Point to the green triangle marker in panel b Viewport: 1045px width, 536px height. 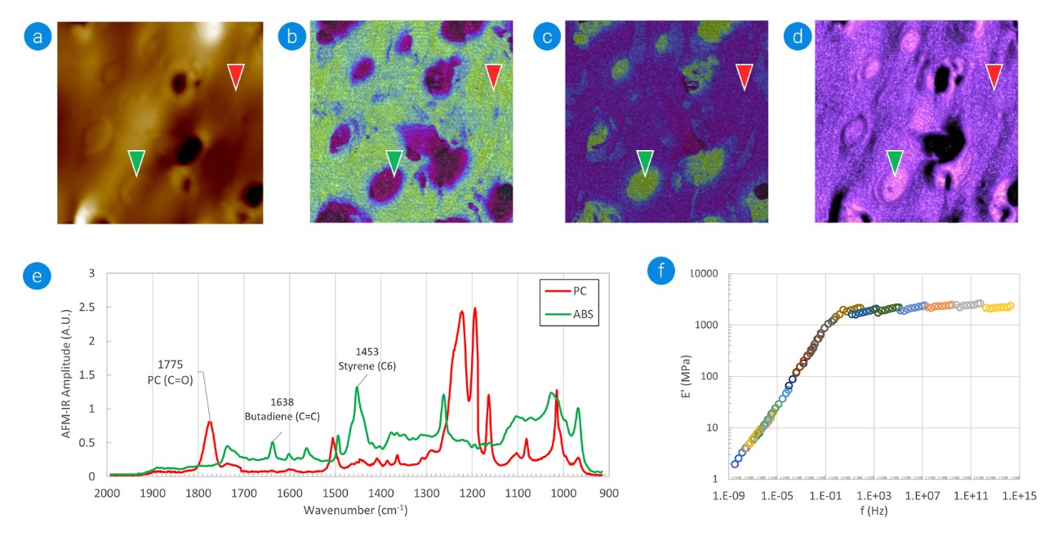tap(394, 162)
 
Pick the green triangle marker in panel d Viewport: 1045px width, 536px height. tap(896, 162)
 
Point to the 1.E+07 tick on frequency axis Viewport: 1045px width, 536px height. tap(922, 495)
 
